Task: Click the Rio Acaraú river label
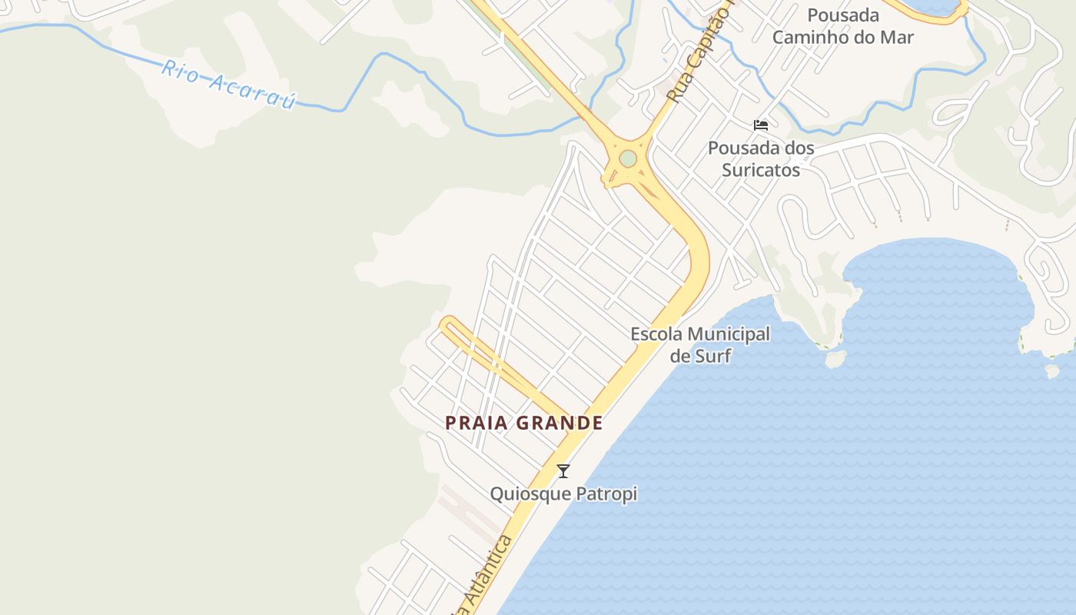point(228,85)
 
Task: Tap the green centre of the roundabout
point(628,158)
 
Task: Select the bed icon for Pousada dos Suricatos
point(761,125)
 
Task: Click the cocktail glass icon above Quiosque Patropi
point(563,471)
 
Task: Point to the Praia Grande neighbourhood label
point(523,423)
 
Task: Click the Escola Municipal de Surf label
point(700,344)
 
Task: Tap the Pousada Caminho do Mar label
point(843,26)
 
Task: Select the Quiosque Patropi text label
point(563,494)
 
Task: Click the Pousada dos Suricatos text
point(761,158)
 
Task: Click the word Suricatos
point(761,170)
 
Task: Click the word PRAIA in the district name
point(475,423)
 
